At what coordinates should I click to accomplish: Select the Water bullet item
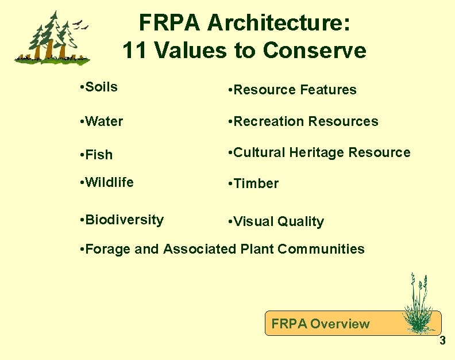pos(104,121)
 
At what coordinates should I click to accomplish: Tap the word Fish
pos(99,155)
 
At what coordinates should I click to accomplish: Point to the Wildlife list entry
pos(110,182)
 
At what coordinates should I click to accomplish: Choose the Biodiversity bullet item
pos(124,220)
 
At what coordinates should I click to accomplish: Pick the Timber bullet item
pos(256,184)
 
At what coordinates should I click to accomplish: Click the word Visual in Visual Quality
pos(254,221)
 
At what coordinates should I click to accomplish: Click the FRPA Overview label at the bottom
pos(321,324)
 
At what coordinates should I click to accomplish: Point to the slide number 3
pos(442,341)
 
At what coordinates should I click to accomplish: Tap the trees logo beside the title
pos(52,39)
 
